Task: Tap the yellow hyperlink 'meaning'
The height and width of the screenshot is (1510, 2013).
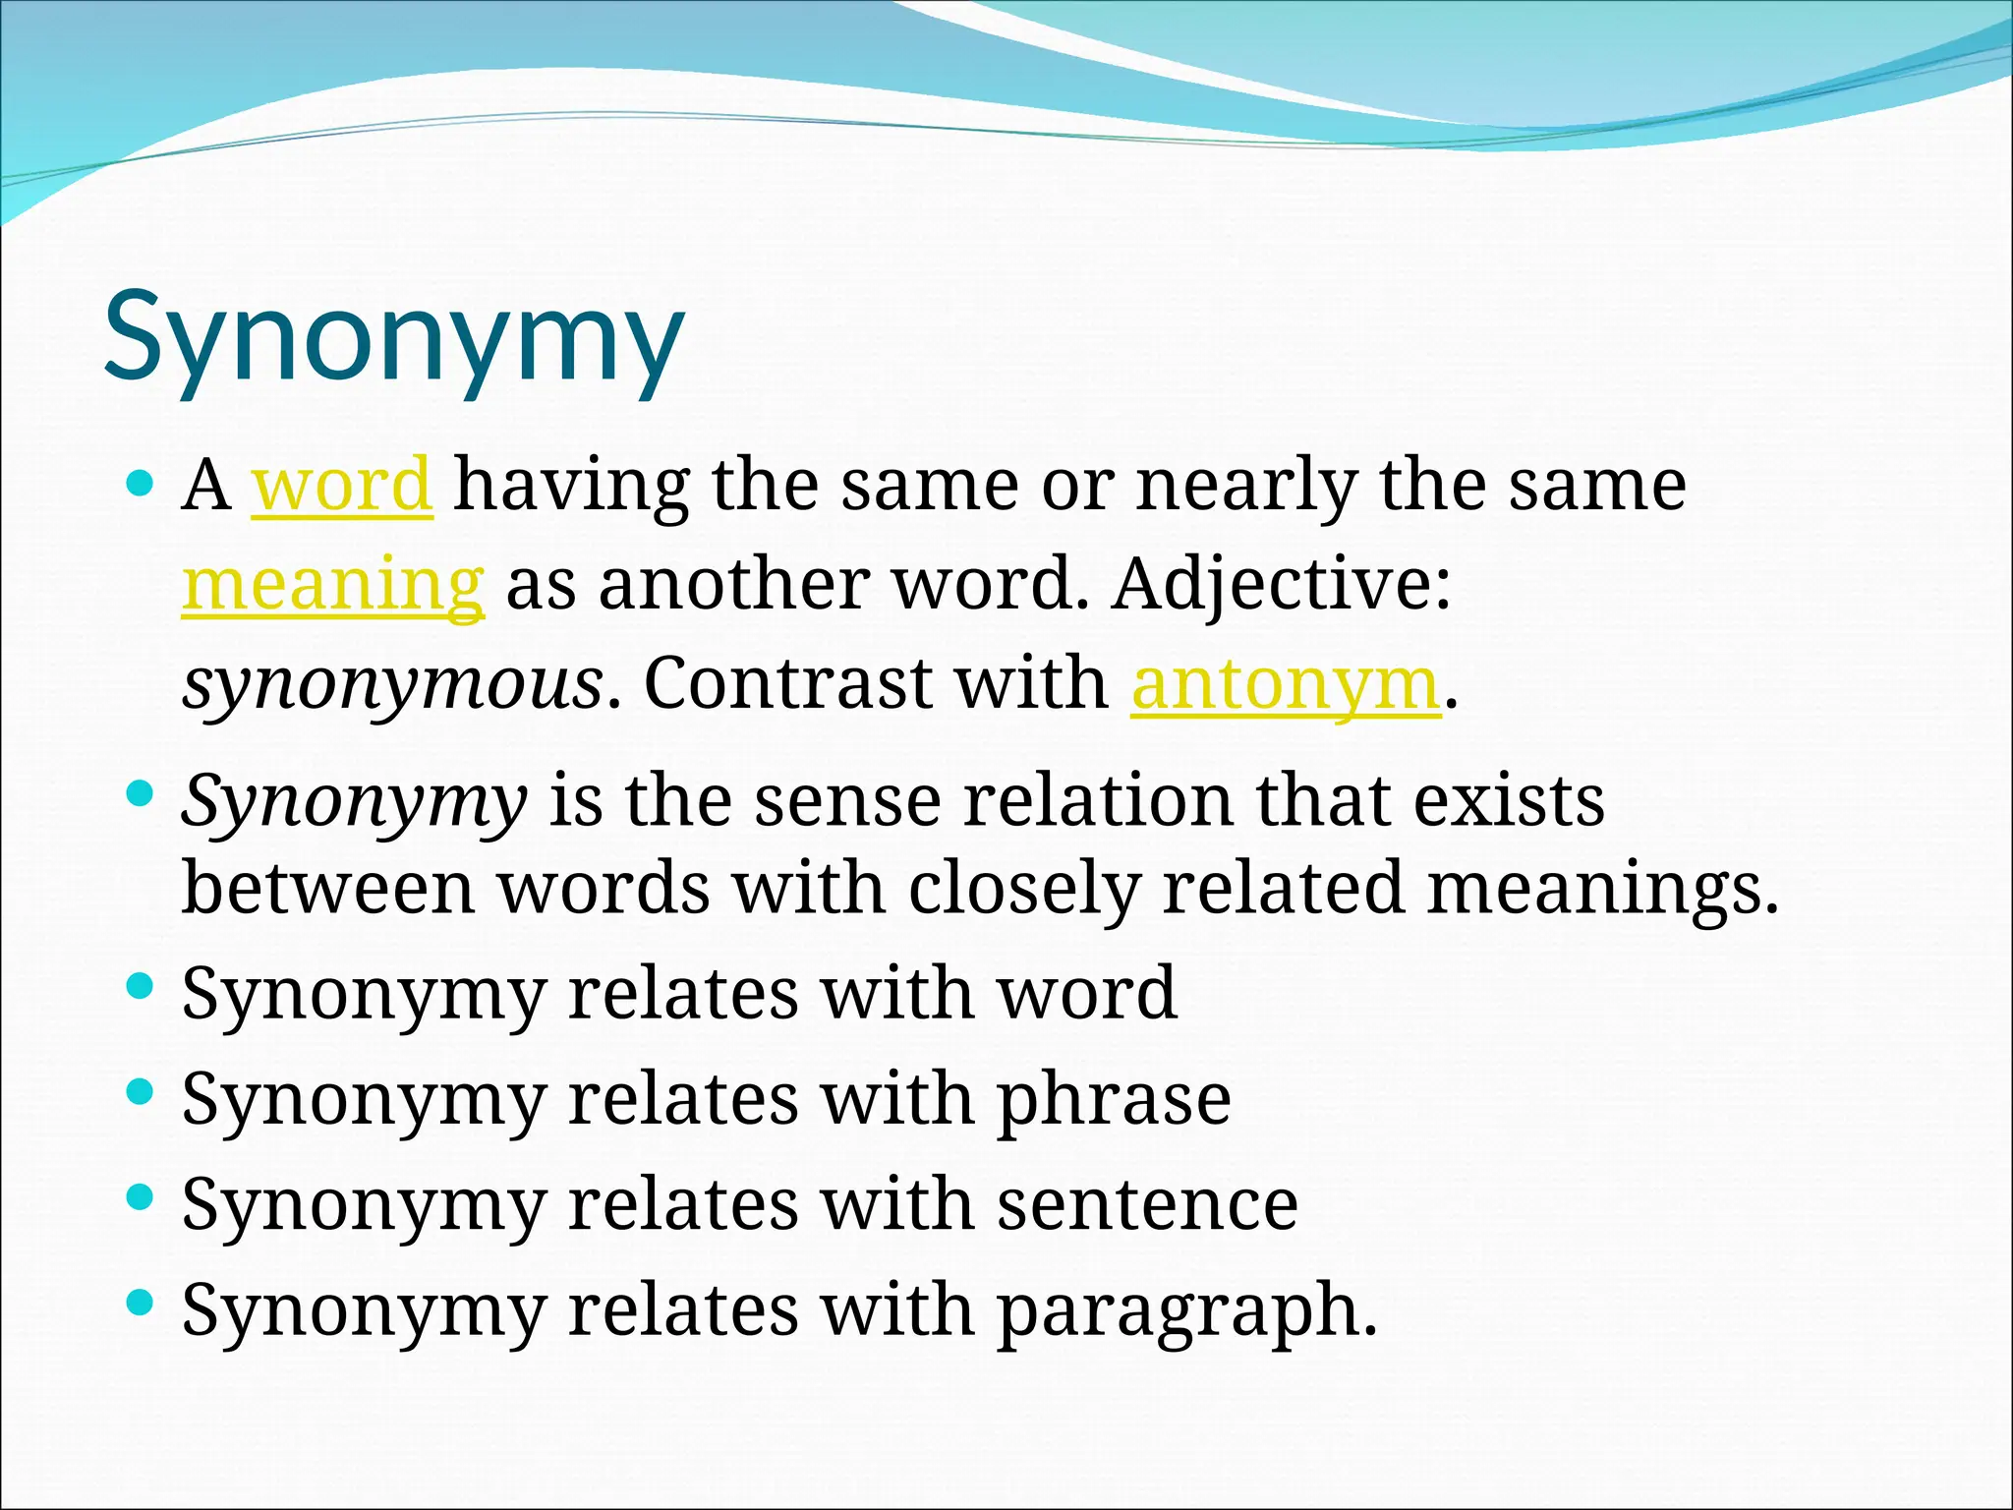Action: point(333,585)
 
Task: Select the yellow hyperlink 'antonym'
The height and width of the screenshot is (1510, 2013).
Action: point(1286,684)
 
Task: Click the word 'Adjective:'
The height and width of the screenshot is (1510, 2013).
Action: point(1282,585)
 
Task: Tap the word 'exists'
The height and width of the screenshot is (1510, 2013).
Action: point(1509,800)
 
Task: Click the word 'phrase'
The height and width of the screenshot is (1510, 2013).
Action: point(1115,1099)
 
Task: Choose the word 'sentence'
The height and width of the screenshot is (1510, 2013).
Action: point(1148,1205)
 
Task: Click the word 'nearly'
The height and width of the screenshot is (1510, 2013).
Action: point(1246,487)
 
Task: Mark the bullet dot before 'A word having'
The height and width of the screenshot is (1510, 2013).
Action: point(142,483)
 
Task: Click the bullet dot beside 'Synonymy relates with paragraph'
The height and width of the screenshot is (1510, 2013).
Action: point(142,1304)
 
